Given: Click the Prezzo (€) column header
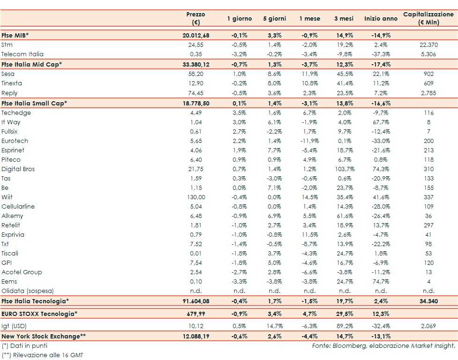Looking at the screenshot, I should pyautogui.click(x=195, y=19).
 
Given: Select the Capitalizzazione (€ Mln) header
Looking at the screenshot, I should pyautogui.click(x=428, y=19).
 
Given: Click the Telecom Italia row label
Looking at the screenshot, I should pyautogui.click(x=22, y=54).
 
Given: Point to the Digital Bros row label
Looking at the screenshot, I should pyautogui.click(x=18, y=169).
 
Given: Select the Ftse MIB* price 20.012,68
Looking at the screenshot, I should pyautogui.click(x=195, y=35).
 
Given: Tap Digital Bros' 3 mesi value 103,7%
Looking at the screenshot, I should pyautogui.click(x=344, y=169).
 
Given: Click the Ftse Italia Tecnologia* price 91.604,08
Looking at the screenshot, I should pyautogui.click(x=195, y=301).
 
